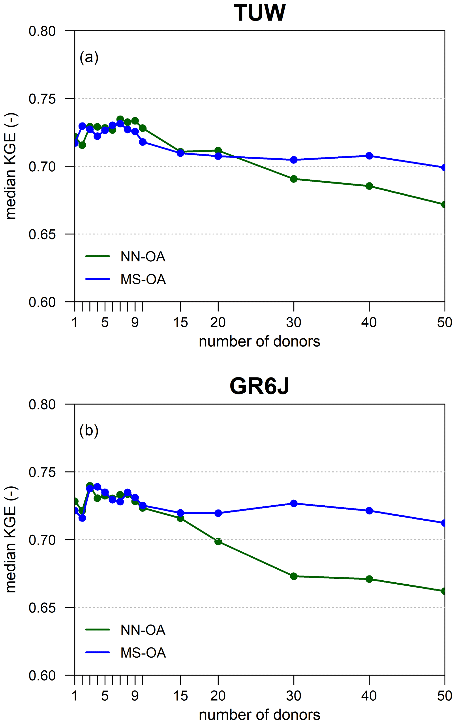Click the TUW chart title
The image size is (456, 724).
coord(259,13)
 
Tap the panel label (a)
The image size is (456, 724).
coord(89,57)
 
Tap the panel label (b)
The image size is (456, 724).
coord(89,431)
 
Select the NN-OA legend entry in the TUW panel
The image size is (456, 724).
coord(143,257)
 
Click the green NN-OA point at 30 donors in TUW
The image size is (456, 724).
coord(294,179)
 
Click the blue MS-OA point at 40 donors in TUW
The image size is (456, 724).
coord(369,156)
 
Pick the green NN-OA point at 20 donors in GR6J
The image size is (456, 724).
coord(218,542)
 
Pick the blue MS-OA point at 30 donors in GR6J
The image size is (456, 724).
coord(294,503)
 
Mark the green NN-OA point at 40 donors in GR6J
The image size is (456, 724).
coord(369,579)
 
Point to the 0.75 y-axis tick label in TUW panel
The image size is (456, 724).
coord(42,99)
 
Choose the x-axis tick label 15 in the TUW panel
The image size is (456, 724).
coord(180,323)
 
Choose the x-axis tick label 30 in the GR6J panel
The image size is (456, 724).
coord(294,696)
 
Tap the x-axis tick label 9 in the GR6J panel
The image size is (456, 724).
coord(135,696)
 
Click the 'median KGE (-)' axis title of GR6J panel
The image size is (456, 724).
coord(11,540)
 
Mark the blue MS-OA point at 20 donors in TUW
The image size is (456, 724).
coord(218,156)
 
